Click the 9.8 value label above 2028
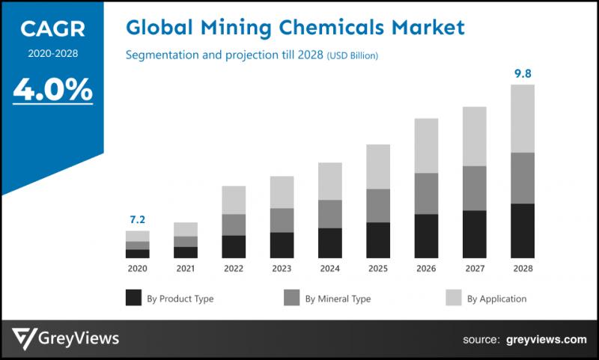(x=522, y=73)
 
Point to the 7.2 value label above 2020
(x=137, y=219)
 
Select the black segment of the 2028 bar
(x=522, y=231)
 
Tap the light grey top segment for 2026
(x=426, y=145)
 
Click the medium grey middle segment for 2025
(x=378, y=205)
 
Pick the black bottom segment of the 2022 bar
(x=234, y=246)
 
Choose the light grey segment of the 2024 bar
(x=329, y=181)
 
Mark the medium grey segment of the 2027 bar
(x=474, y=188)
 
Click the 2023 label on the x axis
(x=282, y=268)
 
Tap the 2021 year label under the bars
(x=186, y=268)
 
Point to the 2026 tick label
(x=426, y=268)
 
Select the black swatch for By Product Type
(x=133, y=298)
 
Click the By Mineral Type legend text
(x=338, y=299)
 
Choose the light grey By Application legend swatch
(x=453, y=298)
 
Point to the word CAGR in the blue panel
(x=52, y=30)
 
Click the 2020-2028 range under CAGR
(x=52, y=54)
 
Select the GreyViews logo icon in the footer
(x=27, y=339)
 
